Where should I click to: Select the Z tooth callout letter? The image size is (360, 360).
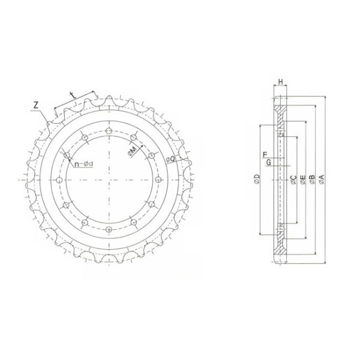point(35,105)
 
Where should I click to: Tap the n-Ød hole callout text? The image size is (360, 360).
point(84,164)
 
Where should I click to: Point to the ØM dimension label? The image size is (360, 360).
point(133,152)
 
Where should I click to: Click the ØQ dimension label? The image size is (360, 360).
point(170,159)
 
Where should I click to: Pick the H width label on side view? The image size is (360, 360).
point(281,82)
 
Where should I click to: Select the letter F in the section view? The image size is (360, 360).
point(265,155)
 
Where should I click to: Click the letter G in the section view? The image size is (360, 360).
point(268,163)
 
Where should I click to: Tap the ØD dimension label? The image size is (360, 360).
point(257,179)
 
